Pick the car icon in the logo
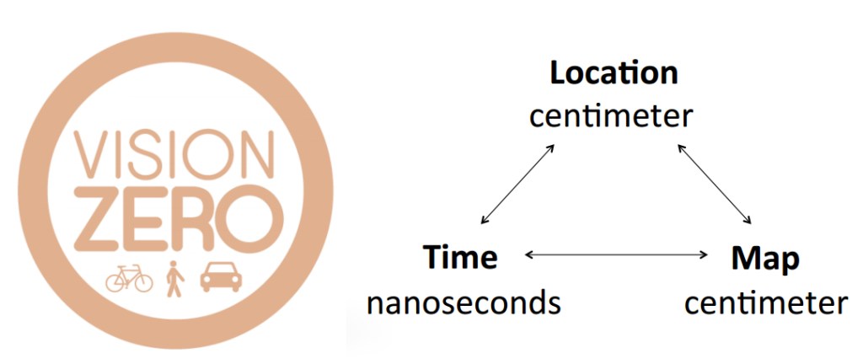(217, 276)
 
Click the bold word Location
(614, 73)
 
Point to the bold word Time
(459, 257)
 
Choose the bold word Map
(764, 259)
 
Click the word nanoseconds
(464, 302)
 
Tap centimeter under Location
(611, 115)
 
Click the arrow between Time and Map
(615, 254)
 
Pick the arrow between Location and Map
(715, 184)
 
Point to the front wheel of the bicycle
(143, 281)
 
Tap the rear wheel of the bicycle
(115, 281)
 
